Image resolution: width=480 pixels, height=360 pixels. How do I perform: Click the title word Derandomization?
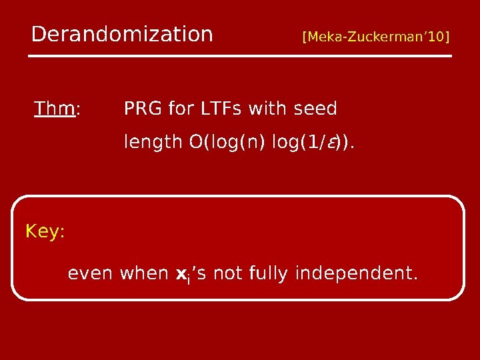[x=122, y=34]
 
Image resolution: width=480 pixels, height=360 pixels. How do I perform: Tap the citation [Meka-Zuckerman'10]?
[x=376, y=35]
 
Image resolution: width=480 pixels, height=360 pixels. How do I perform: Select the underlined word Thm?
[x=54, y=108]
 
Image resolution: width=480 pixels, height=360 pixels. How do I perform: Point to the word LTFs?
[x=221, y=108]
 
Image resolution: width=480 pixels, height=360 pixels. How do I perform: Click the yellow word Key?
[x=45, y=232]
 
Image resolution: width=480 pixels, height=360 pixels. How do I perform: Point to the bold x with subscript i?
[x=183, y=274]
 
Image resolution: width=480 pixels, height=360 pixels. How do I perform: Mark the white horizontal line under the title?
[x=240, y=56]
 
